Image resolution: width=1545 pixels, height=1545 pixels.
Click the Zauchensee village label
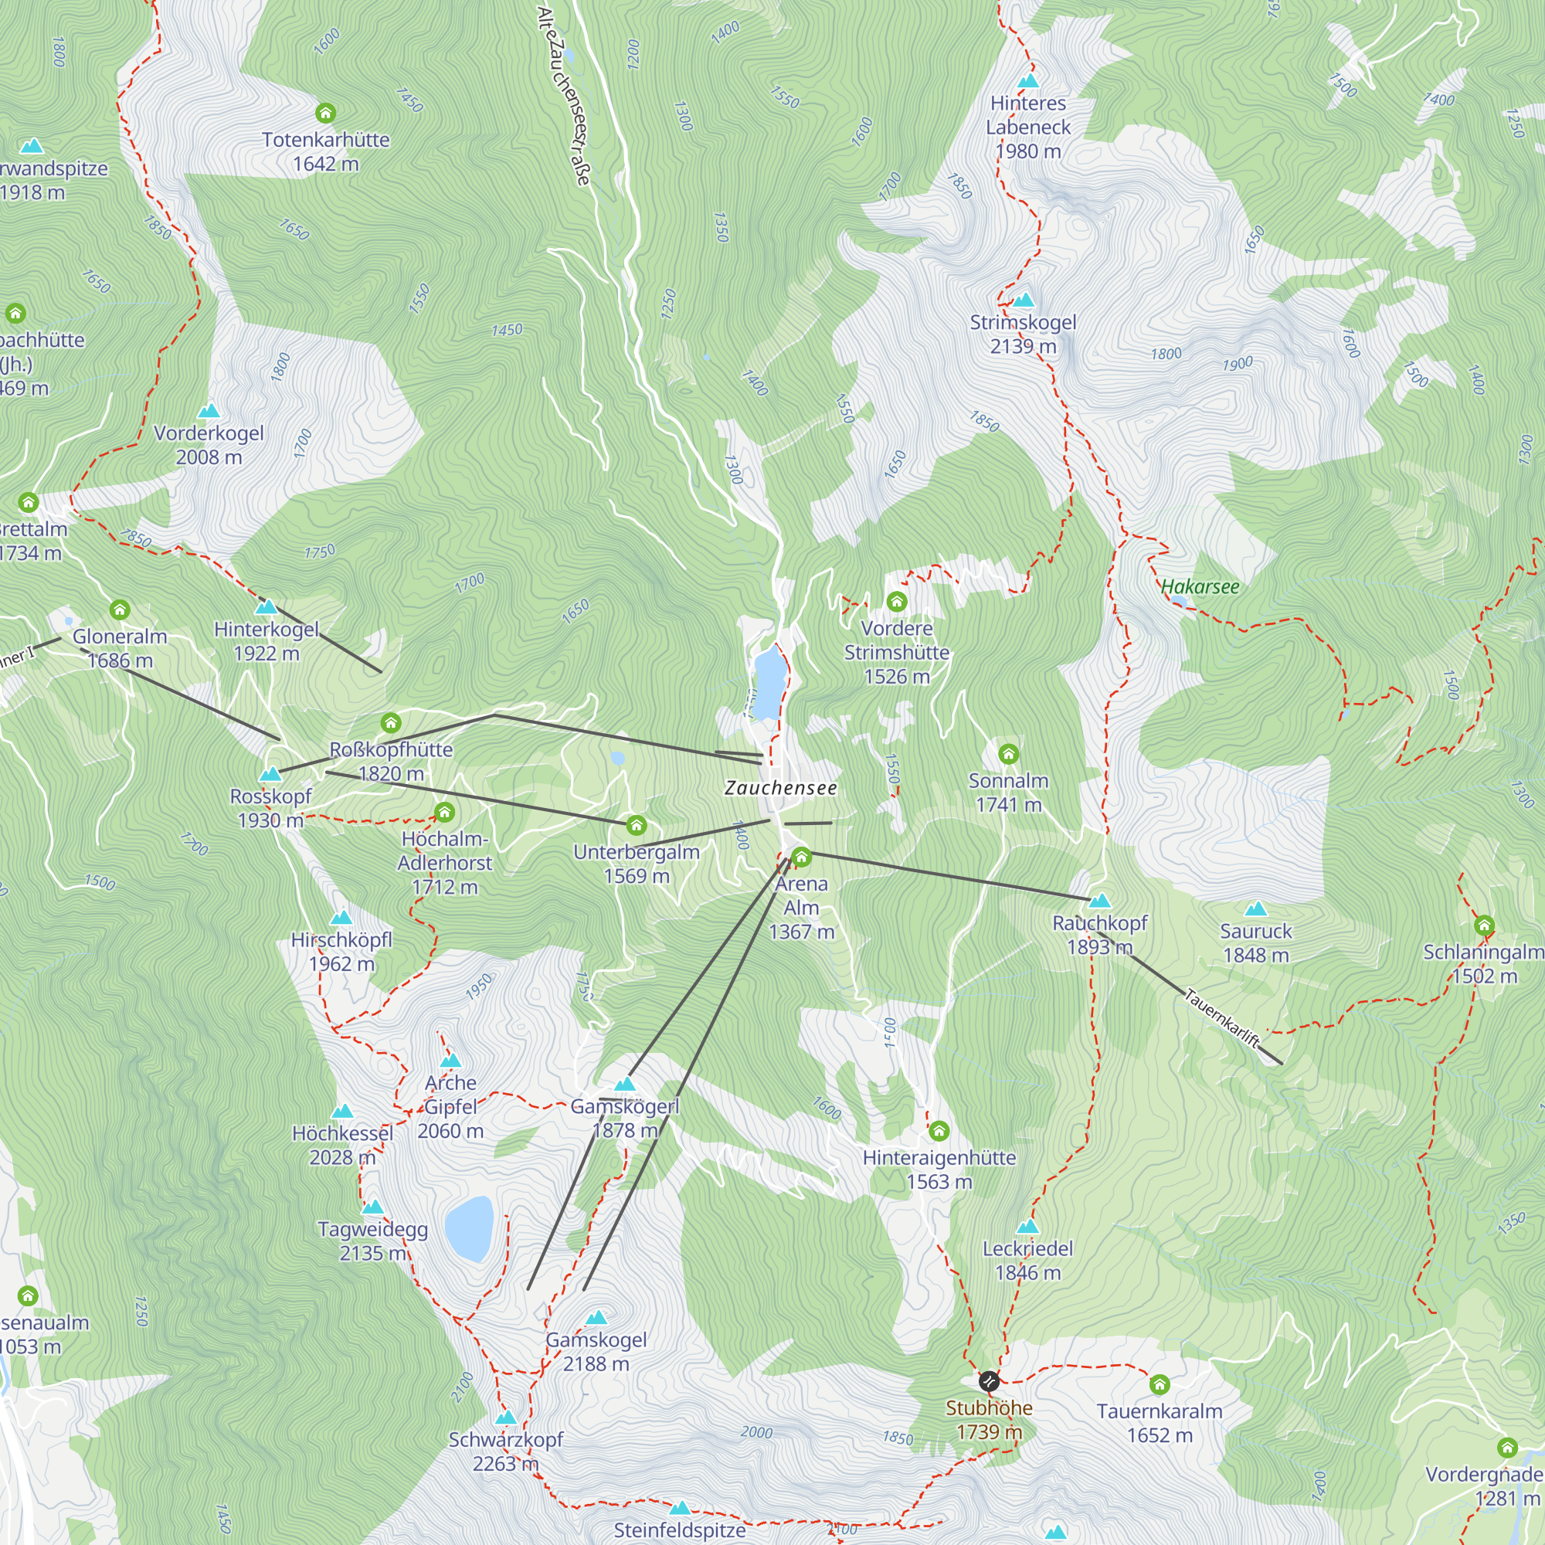(780, 788)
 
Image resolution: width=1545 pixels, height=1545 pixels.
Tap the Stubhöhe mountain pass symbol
(990, 1381)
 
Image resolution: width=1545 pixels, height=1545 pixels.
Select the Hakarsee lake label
(1200, 587)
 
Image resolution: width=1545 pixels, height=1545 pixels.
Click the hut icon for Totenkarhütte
(325, 113)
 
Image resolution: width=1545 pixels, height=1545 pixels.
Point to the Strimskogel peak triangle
(1024, 301)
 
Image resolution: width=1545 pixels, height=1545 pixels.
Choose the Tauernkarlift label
(1221, 1018)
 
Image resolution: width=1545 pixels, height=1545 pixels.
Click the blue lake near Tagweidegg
(469, 1228)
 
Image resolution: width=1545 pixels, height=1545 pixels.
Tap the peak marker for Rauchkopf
(1100, 902)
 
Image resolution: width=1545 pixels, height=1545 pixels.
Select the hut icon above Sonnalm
(1008, 753)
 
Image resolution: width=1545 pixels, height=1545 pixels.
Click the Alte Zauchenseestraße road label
(564, 96)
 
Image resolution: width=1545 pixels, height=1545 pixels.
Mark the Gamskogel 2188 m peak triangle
(596, 1317)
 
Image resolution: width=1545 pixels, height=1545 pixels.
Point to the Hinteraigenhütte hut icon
(939, 1131)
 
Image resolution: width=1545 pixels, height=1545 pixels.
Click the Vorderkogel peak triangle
(209, 411)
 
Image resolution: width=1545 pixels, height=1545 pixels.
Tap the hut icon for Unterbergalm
(636, 824)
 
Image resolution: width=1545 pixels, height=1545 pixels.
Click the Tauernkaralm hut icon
(1160, 1384)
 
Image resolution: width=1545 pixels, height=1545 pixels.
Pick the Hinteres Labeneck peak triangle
(1027, 81)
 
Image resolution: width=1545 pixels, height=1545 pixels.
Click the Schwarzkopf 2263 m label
(505, 1452)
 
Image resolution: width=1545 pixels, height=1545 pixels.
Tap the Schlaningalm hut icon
(1484, 925)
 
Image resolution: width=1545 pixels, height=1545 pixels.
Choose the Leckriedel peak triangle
(1027, 1227)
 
